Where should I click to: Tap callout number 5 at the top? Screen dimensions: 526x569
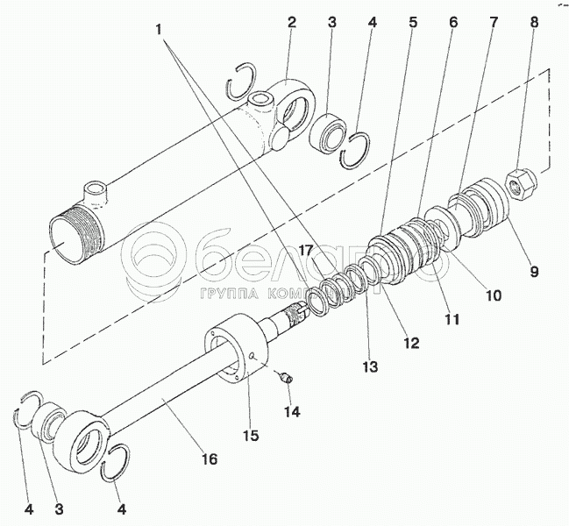click(413, 22)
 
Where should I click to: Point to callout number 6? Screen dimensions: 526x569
click(453, 22)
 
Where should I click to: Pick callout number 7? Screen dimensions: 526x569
click(494, 22)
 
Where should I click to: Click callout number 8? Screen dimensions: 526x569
click(533, 22)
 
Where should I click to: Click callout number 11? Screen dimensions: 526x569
click(452, 319)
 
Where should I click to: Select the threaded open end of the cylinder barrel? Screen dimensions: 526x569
click(75, 237)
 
